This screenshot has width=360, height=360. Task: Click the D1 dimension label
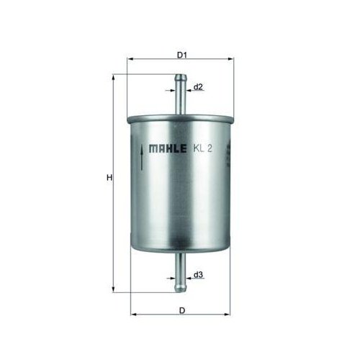coord(181,55)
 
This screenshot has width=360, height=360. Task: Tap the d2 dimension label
coord(198,87)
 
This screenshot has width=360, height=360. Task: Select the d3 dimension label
coord(198,274)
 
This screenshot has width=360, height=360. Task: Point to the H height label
coord(109,178)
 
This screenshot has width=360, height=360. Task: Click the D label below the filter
coord(182,310)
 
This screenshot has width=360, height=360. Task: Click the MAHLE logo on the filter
coord(168,149)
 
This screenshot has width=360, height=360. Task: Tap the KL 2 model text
coord(203,149)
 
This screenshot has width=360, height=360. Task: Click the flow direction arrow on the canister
coord(142,158)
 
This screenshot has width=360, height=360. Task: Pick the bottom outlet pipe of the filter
coord(180,272)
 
